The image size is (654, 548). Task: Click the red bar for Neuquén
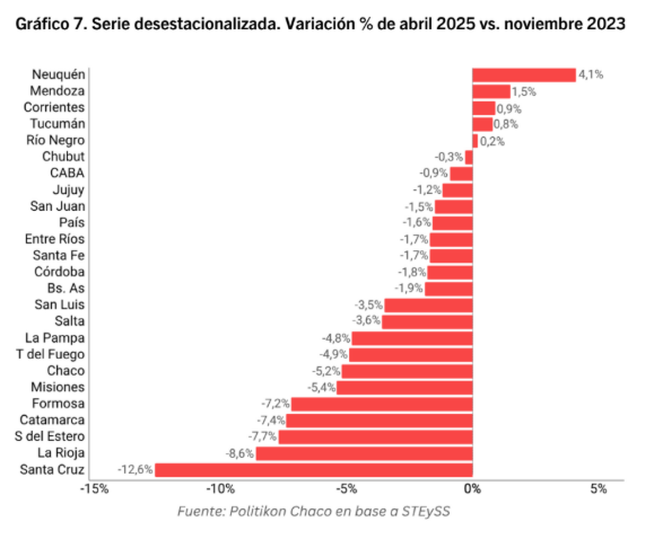click(x=524, y=75)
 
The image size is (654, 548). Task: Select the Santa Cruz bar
click(x=314, y=470)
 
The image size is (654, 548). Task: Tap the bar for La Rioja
click(x=364, y=453)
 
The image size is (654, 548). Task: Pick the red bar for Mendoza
click(x=491, y=91)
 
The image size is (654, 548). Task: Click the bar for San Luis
click(x=428, y=305)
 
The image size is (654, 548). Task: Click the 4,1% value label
click(x=591, y=75)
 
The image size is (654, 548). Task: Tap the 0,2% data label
click(x=492, y=141)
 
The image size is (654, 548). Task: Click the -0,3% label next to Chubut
click(x=449, y=157)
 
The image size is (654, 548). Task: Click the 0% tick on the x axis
click(x=473, y=489)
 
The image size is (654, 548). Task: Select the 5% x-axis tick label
click(x=598, y=489)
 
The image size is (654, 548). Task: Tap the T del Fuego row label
click(x=50, y=354)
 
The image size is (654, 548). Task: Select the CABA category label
click(x=67, y=174)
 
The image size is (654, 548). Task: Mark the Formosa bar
click(x=382, y=404)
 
